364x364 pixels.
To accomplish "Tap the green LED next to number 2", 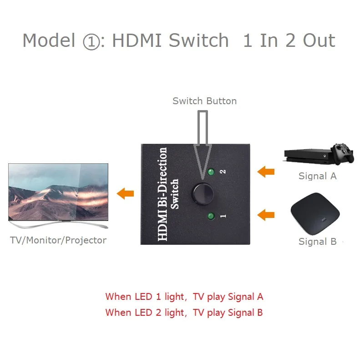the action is tap(211, 172).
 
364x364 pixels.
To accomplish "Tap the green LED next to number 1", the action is tap(211, 216).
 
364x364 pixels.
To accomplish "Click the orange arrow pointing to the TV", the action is tap(125, 193).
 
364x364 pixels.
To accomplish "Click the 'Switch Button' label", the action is tap(204, 101).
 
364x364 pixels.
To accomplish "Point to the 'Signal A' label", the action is tap(317, 176).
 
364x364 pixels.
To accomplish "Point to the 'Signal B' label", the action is tap(317, 242).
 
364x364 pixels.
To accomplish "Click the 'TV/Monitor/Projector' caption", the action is tap(58, 240).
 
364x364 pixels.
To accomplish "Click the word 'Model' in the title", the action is tap(49, 40).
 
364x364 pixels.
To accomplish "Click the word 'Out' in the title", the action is tap(314, 40).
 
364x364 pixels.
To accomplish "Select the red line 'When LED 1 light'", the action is tap(184, 297).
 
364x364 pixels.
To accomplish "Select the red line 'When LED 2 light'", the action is tap(184, 313).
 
